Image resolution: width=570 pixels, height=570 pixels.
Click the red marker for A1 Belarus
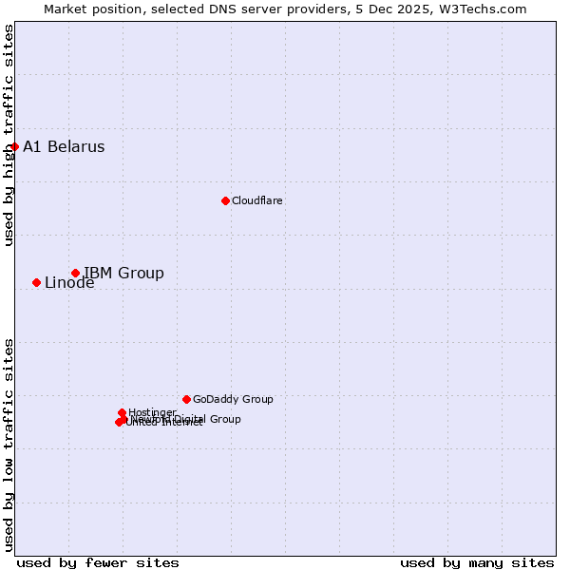pos(15,146)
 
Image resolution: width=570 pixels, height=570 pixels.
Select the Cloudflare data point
pos(225,200)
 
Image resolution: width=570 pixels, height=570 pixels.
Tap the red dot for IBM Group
pos(75,273)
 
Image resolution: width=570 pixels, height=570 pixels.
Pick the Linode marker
pos(36,282)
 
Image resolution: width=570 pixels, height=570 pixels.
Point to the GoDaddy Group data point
pos(186,399)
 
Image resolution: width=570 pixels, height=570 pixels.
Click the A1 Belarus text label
pos(64,146)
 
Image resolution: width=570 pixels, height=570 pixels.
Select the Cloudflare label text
pos(257,200)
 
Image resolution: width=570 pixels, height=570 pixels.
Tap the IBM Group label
pos(123,273)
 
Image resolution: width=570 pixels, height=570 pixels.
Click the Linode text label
pos(69,283)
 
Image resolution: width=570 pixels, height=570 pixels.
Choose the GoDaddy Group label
pos(233,399)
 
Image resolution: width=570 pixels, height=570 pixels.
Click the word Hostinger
pos(152,412)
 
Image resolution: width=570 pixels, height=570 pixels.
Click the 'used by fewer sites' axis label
pos(98,562)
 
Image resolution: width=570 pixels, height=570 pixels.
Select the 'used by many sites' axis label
pos(477,562)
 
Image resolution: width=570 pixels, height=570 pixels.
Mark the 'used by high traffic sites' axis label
pos(9,135)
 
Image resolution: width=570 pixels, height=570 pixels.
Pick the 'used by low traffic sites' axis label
pos(9,444)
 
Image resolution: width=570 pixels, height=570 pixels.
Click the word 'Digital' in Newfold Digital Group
pos(191,419)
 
